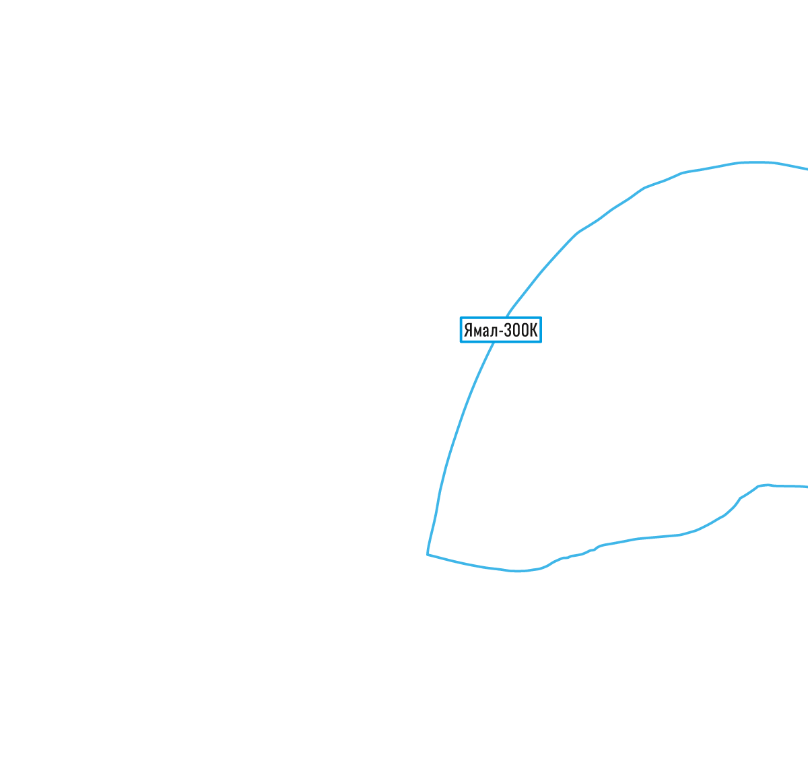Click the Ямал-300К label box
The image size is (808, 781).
(501, 330)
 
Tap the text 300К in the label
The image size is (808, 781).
(520, 330)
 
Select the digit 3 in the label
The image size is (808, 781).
(508, 330)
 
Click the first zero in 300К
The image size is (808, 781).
(516, 330)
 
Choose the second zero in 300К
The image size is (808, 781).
(524, 330)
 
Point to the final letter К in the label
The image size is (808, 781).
(533, 330)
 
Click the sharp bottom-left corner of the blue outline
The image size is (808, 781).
(428, 554)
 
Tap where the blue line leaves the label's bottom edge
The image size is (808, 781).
(494, 343)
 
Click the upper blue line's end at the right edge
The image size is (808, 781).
(807, 169)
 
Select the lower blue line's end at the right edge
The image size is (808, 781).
(807, 487)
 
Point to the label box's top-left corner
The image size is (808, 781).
(461, 317)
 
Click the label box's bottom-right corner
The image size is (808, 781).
(541, 343)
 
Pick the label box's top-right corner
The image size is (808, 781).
(541, 317)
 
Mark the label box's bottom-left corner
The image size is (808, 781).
(461, 343)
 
